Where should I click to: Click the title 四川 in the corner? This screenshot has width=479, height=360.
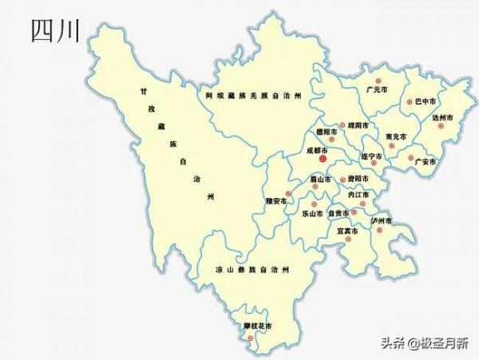pyautogui.click(x=55, y=31)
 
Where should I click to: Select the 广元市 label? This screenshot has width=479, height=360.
pyautogui.click(x=376, y=90)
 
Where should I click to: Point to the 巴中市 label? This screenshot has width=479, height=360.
pyautogui.click(x=426, y=102)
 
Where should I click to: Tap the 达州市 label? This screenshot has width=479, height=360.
pyautogui.click(x=442, y=117)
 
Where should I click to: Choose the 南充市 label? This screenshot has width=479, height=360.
pyautogui.click(x=394, y=136)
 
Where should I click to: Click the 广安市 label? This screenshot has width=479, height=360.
pyautogui.click(x=426, y=161)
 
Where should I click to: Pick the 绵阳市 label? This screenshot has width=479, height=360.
pyautogui.click(x=358, y=125)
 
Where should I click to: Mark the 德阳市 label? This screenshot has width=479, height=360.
pyautogui.click(x=326, y=132)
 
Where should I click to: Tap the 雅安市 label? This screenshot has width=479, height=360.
pyautogui.click(x=276, y=200)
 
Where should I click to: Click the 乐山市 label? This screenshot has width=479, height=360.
pyautogui.click(x=312, y=214)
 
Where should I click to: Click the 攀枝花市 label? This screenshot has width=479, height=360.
pyautogui.click(x=257, y=326)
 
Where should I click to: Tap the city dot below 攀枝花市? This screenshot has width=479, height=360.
pyautogui.click(x=251, y=338)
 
